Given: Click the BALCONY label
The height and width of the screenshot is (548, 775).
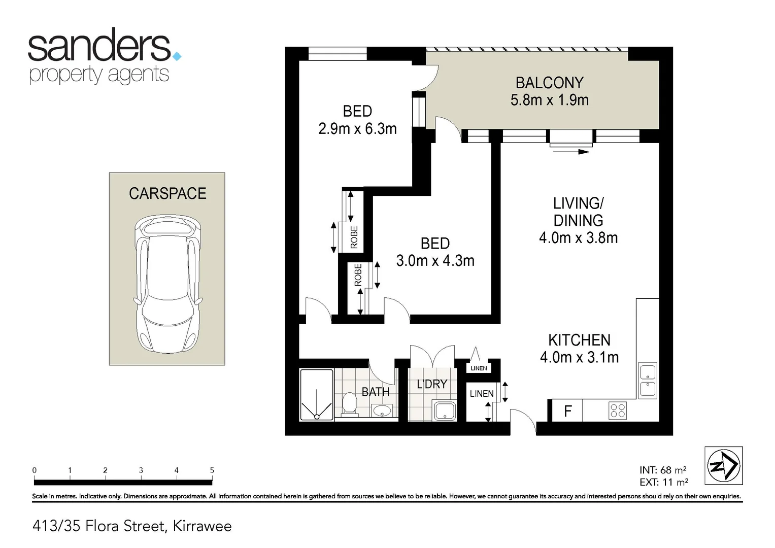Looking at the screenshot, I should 549,83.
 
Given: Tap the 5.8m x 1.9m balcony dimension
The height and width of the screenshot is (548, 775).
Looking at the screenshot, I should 549,100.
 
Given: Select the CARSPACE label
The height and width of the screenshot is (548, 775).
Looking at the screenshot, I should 167,193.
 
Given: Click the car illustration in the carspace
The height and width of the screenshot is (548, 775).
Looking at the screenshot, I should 167,284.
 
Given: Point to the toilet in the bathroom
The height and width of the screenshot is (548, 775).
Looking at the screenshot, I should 349,404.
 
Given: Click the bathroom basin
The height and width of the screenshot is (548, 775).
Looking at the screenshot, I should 382,410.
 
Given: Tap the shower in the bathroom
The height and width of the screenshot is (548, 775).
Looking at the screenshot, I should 317,395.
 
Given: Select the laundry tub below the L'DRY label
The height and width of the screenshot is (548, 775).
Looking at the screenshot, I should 444,410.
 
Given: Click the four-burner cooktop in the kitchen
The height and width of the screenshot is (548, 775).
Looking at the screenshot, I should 617,410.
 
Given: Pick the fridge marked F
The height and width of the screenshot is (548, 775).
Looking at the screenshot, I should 567,410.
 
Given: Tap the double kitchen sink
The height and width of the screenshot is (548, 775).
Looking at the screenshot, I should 647,381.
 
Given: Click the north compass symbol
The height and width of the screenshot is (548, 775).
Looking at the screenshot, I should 723,465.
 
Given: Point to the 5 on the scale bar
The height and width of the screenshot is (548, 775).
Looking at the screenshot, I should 212,470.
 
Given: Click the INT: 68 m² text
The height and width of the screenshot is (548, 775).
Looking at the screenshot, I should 663,470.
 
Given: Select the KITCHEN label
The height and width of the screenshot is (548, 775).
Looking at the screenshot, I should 579,340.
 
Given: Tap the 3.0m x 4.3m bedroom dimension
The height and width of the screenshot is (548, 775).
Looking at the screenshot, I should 435,261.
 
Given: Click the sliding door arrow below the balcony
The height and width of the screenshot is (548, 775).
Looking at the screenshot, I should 571,151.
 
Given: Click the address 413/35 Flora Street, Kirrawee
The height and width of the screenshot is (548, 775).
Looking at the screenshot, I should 132,526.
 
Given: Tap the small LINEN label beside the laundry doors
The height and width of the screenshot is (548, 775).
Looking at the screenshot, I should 479,368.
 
